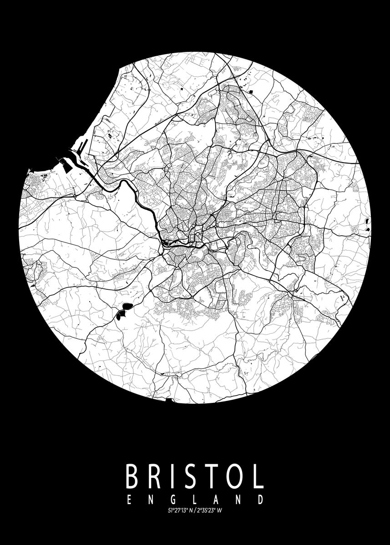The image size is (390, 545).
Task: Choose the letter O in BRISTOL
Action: (x=235, y=476)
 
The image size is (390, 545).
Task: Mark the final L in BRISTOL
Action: (x=258, y=476)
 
